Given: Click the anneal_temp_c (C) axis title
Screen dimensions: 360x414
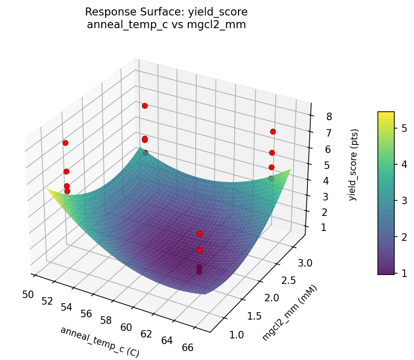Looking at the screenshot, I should point(100,341).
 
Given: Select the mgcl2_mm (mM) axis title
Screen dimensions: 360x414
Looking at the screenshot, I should point(290,313).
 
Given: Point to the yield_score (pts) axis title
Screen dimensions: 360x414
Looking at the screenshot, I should point(353,165).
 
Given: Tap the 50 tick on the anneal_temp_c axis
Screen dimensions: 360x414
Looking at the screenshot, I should point(28,294).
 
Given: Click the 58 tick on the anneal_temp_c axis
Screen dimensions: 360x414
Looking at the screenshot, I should point(106,321).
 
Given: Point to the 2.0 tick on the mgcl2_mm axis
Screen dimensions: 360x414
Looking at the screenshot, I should point(274,298).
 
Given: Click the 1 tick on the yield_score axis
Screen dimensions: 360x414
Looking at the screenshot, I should point(323,228).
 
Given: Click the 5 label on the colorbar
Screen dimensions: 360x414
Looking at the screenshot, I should point(404,128).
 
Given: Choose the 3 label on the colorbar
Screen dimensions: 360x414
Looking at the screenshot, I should point(404,200).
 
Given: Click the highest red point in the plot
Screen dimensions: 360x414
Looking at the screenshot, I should point(145,106).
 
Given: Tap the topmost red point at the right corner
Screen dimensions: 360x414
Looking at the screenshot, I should point(273,131).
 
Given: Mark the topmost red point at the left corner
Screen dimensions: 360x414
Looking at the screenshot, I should point(65,143).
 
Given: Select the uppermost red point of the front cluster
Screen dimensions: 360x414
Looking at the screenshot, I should point(199,234).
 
